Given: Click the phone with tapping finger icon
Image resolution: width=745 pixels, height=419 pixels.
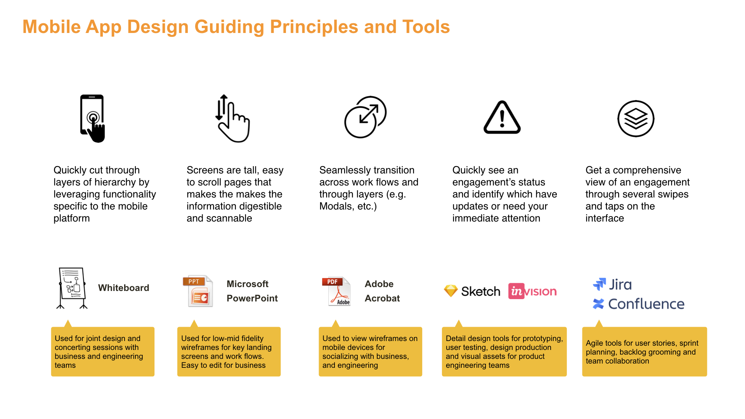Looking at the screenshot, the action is coord(92,118).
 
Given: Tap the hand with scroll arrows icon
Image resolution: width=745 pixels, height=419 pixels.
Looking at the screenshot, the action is coord(233,118).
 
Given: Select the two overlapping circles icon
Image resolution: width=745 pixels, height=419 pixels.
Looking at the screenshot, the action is coord(366,117).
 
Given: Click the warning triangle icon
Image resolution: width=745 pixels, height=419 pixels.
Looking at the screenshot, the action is coord(502,117).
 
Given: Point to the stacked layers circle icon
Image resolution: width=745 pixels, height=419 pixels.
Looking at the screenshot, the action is coord(636,118).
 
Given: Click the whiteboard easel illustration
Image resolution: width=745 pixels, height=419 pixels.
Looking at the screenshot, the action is coord(72,288).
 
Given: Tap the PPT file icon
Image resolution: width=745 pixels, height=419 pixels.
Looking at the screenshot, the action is coord(198,291).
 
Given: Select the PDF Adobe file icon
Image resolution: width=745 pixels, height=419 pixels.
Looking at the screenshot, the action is coord(336,291).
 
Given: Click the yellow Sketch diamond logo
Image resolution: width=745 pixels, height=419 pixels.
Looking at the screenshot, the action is coord(451,291).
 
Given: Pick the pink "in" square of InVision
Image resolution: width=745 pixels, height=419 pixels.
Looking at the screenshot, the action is coord(516,291).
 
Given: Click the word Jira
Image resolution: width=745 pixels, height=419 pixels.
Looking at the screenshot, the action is coord(620,285).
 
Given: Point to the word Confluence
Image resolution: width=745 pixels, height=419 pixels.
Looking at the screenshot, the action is coord(646,304).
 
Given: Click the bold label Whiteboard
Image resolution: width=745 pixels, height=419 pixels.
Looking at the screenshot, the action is coord(123,288).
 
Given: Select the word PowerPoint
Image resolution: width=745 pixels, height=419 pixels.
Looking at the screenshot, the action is coord(252,298).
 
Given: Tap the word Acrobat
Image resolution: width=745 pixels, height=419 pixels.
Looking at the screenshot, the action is coord(382,298).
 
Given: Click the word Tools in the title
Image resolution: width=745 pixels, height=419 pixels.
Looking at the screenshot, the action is coord(426,27).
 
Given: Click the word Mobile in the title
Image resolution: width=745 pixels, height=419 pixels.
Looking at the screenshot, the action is coord(52,27).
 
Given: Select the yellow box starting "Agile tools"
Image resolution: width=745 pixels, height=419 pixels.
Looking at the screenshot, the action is coord(645,351).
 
